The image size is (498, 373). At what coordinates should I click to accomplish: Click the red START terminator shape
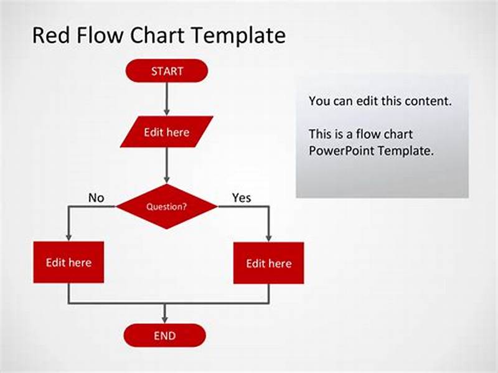pyautogui.click(x=166, y=71)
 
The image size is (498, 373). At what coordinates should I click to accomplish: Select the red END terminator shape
pyautogui.click(x=164, y=336)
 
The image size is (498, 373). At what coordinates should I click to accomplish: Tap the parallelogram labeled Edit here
pyautogui.click(x=166, y=132)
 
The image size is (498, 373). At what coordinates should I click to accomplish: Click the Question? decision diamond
pyautogui.click(x=167, y=206)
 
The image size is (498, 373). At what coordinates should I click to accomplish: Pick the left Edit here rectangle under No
pyautogui.click(x=68, y=262)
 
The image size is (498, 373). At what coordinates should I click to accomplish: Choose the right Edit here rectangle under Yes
pyautogui.click(x=268, y=263)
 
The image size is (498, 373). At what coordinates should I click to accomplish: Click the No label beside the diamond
pyautogui.click(x=96, y=198)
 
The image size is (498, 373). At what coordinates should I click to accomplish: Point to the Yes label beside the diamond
pyautogui.click(x=242, y=197)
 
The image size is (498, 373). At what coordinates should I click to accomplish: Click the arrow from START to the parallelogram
pyautogui.click(x=167, y=98)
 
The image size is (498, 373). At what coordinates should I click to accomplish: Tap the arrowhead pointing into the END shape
pyautogui.click(x=164, y=319)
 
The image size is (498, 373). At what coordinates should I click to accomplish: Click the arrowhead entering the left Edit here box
pyautogui.click(x=68, y=237)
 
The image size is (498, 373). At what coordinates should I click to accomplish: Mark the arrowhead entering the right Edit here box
pyautogui.click(x=268, y=237)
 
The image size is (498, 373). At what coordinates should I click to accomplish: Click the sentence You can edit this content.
pyautogui.click(x=380, y=101)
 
